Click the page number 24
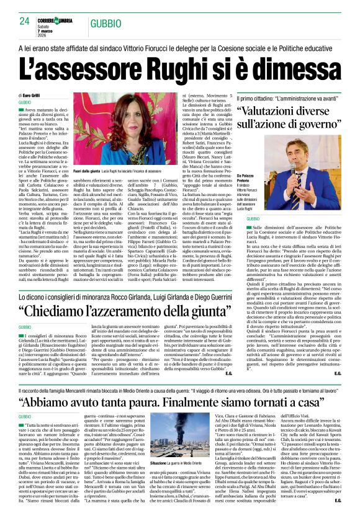point(24,20)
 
